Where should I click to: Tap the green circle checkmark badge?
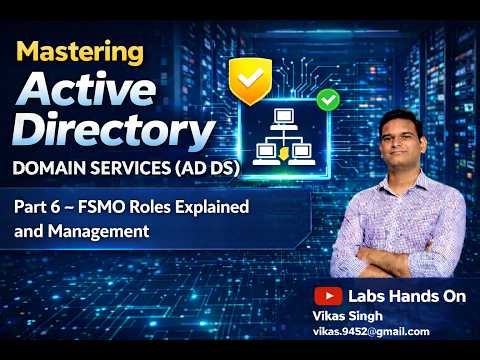pyautogui.click(x=326, y=100)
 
